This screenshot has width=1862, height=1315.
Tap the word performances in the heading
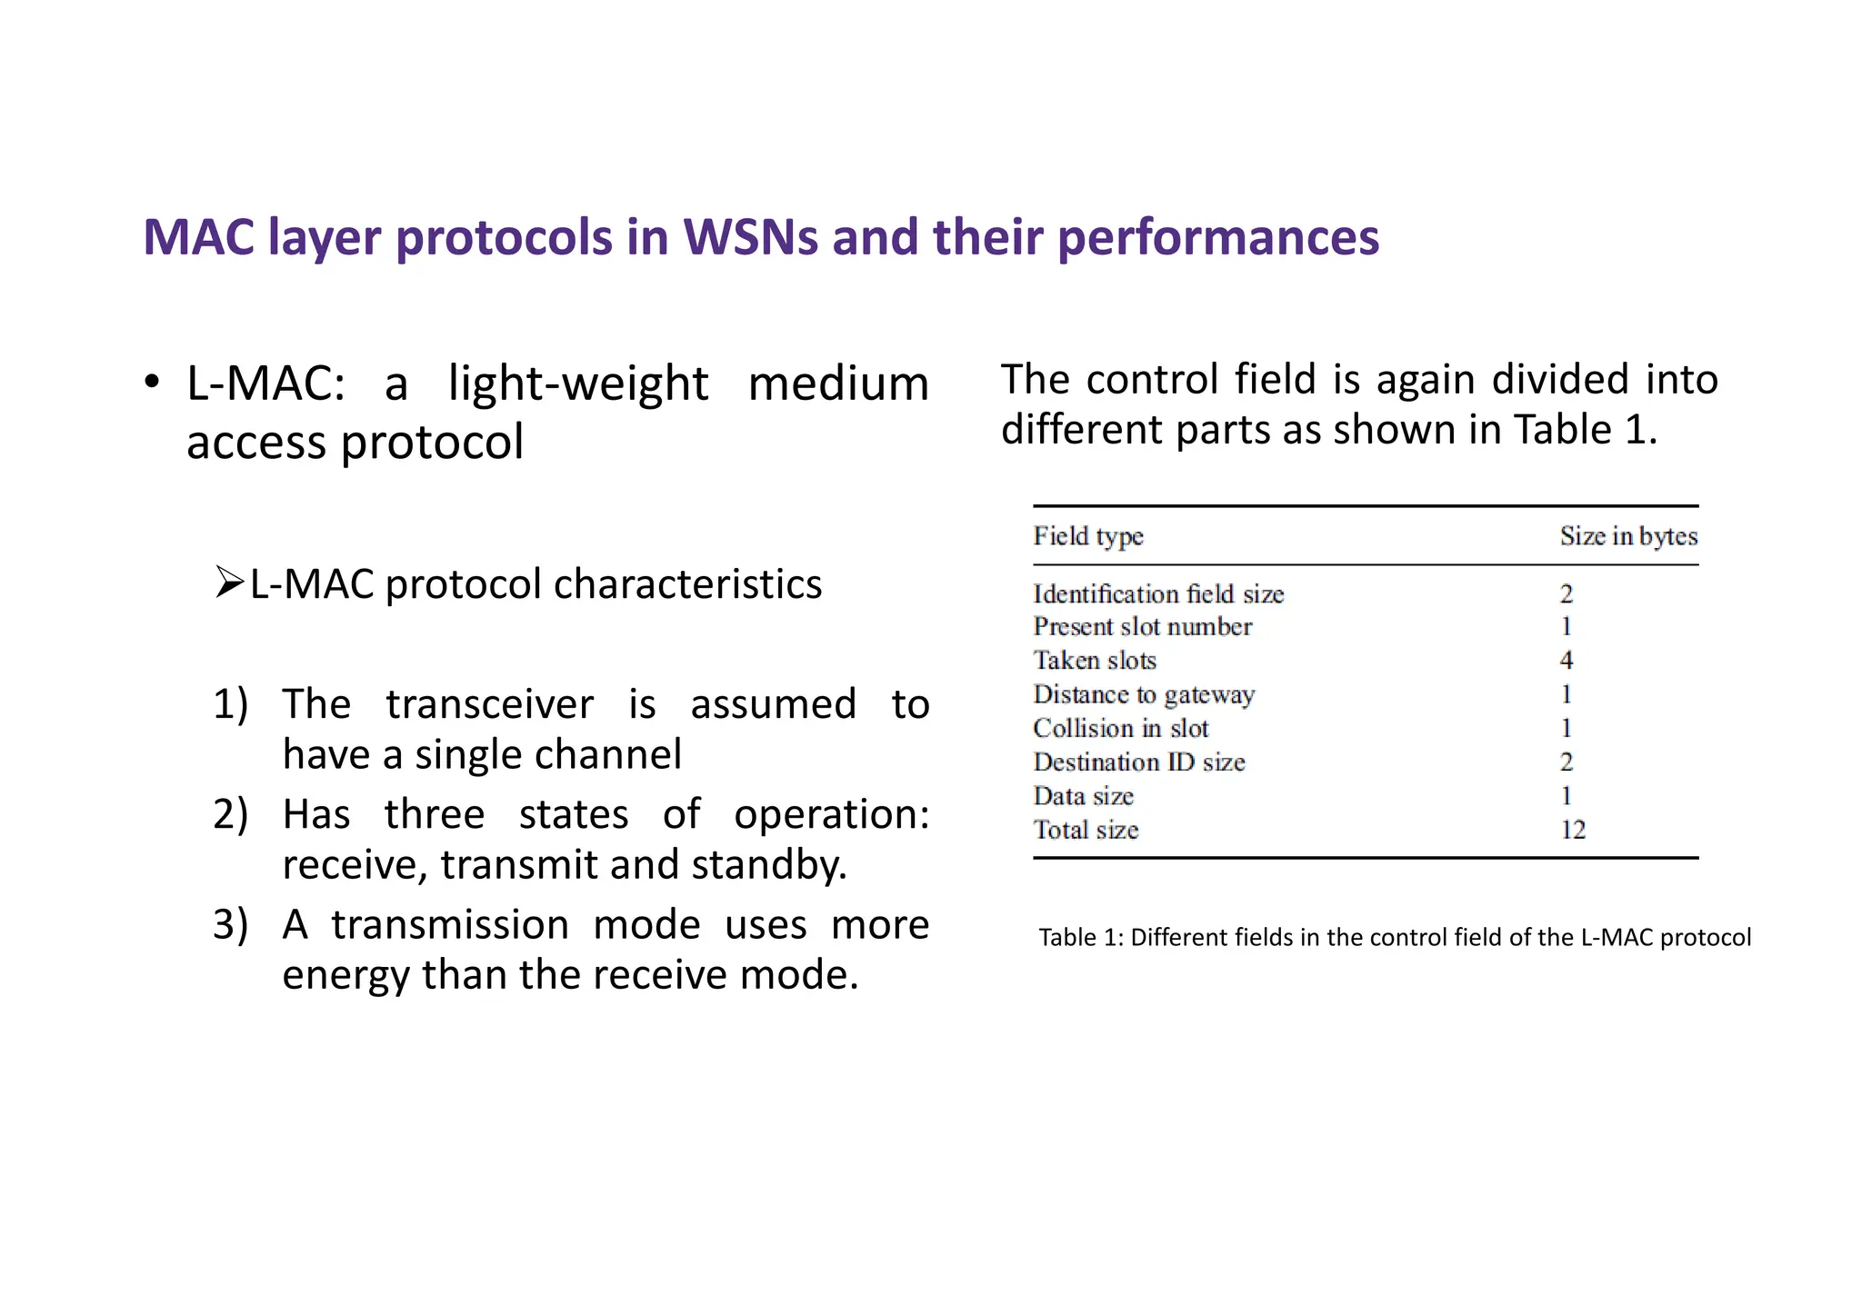click(x=1217, y=237)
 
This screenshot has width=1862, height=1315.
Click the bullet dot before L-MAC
click(x=153, y=382)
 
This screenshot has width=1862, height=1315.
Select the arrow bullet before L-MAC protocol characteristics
click(x=230, y=582)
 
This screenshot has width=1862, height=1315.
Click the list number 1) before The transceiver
click(x=230, y=704)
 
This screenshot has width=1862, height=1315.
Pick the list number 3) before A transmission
click(x=230, y=924)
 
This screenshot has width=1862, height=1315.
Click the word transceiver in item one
click(x=489, y=704)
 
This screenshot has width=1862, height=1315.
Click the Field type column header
click(x=1087, y=536)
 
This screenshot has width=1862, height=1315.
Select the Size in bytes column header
click(x=1627, y=536)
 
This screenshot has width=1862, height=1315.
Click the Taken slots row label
click(x=1095, y=661)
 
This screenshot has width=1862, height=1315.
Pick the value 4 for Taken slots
click(x=1566, y=661)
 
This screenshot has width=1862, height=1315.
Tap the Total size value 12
click(x=1572, y=830)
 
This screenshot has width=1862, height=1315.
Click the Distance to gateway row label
click(x=1144, y=694)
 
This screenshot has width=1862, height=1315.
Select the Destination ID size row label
click(x=1138, y=762)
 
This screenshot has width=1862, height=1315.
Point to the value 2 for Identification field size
click(x=1566, y=594)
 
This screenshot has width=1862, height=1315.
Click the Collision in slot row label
click(x=1120, y=728)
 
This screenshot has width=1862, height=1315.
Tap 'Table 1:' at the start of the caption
click(x=1080, y=937)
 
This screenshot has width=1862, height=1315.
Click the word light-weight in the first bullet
click(x=577, y=383)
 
